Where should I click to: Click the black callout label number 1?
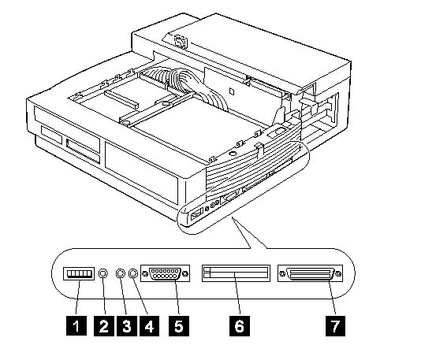click(x=76, y=325)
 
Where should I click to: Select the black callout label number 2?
click(x=104, y=325)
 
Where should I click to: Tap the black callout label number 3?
click(x=126, y=325)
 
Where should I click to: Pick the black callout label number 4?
click(x=149, y=325)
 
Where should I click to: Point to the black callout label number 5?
click(x=179, y=325)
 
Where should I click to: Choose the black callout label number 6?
click(x=240, y=325)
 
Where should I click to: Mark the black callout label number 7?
click(x=335, y=325)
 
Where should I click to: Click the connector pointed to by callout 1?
click(x=79, y=274)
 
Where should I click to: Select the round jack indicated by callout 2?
click(x=103, y=273)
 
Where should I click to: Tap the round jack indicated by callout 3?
click(x=120, y=273)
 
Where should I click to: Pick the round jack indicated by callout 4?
click(x=133, y=273)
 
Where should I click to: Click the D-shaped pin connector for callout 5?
click(x=165, y=273)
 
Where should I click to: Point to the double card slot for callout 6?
click(x=236, y=273)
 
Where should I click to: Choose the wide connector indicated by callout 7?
click(x=310, y=273)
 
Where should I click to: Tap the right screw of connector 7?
click(x=338, y=274)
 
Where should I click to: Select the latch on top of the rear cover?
click(x=181, y=42)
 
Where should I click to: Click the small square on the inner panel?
click(x=232, y=91)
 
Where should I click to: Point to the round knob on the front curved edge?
click(x=233, y=153)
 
